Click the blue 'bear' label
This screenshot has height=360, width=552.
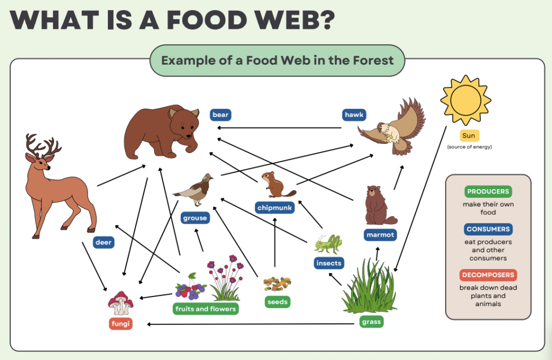(220, 115)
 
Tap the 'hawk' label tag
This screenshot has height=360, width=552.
(354, 115)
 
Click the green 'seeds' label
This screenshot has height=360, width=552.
(277, 302)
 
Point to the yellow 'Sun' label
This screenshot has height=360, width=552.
(468, 136)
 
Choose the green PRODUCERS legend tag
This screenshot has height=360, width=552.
(488, 192)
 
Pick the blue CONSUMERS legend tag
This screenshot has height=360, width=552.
(488, 229)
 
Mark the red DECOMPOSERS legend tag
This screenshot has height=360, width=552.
(488, 275)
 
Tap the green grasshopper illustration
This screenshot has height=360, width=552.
(328, 244)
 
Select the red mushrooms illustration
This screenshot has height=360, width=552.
(120, 303)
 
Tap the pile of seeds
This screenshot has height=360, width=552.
(277, 283)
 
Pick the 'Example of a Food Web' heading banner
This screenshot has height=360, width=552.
(278, 60)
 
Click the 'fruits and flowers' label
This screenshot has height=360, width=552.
(205, 309)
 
